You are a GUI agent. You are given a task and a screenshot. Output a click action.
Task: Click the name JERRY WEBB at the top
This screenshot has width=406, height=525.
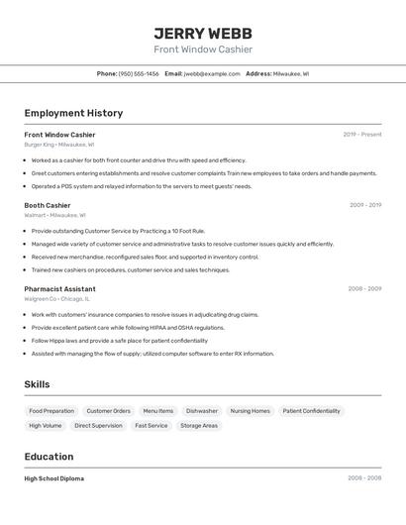click(x=202, y=33)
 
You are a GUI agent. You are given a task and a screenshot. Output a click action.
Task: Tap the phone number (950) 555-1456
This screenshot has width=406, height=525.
click(x=139, y=73)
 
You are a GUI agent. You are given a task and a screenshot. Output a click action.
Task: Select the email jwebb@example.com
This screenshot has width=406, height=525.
click(x=212, y=73)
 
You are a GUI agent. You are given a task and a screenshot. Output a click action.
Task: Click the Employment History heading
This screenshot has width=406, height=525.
click(x=73, y=113)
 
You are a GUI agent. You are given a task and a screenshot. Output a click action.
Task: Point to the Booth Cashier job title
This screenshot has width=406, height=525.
click(x=48, y=205)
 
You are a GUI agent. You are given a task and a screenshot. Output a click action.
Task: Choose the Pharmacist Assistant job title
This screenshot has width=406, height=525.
click(x=59, y=288)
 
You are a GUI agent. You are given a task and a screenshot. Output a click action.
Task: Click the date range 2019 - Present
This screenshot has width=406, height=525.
click(x=362, y=135)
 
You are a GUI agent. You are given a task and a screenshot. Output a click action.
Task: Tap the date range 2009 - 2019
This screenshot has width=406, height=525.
click(x=364, y=205)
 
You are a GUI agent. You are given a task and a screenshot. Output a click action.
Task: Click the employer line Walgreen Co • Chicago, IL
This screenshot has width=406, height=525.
click(x=56, y=298)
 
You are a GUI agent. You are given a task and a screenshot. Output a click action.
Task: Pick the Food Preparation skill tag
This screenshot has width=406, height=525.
click(x=51, y=411)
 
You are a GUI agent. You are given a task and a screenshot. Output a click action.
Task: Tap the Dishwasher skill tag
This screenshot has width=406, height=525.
click(x=202, y=411)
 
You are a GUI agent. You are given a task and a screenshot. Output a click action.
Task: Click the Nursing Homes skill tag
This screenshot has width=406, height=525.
click(x=250, y=411)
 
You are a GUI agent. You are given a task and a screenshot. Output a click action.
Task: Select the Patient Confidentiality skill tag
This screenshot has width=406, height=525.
click(x=311, y=411)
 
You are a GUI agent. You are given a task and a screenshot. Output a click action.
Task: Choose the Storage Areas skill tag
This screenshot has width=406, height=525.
click(x=199, y=426)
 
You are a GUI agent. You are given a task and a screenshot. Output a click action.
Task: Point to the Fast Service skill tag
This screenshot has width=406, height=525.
click(x=152, y=426)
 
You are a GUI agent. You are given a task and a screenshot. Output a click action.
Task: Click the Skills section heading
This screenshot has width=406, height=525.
click(x=37, y=384)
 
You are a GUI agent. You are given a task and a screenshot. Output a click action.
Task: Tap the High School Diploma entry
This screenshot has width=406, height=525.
click(x=54, y=478)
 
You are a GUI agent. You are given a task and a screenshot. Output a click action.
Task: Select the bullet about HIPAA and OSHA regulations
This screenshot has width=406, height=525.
click(x=128, y=328)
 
